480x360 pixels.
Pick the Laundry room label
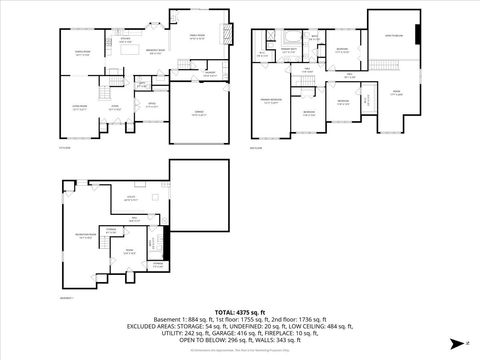pyautogui.click(x=211, y=72)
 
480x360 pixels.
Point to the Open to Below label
pyautogui.click(x=395, y=36)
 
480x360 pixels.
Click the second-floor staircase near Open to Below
pyautogui.click(x=380, y=65)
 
